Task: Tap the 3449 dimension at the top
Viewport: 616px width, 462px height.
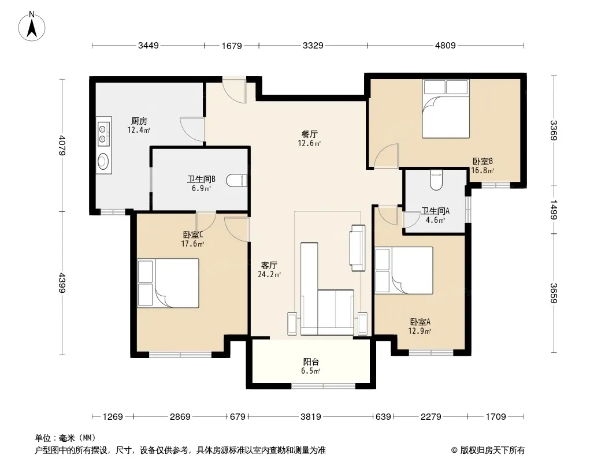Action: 149,46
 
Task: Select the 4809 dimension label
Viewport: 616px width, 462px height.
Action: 445,46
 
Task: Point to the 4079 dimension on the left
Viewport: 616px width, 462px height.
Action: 62,145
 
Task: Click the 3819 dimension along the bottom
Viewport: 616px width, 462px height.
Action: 311,416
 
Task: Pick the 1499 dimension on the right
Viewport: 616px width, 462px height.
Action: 554,209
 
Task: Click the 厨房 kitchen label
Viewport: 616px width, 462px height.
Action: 139,121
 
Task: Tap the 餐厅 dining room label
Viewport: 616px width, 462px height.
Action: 309,134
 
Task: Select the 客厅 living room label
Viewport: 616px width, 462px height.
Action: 269,265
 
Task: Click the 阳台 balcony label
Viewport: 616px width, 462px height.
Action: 311,362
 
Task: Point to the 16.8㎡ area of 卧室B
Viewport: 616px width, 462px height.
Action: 483,170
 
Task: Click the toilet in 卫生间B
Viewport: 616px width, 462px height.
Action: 237,180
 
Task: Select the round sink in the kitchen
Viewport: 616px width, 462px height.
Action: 103,160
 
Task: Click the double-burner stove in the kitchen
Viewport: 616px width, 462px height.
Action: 103,133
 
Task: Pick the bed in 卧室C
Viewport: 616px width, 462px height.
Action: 168,282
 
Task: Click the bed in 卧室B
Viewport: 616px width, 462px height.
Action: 446,109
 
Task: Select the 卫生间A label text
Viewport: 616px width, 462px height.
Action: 435,211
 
